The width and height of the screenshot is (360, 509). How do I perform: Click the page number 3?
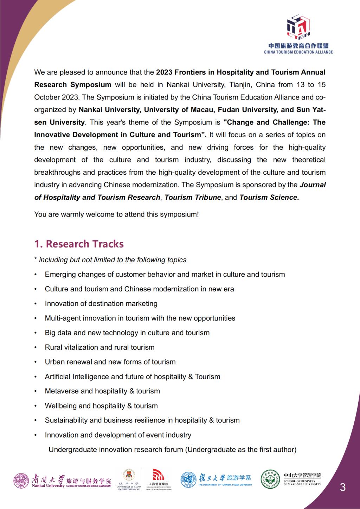(342, 487)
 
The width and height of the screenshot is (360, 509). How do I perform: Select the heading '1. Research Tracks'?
(79, 244)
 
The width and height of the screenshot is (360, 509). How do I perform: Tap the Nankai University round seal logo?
(21, 481)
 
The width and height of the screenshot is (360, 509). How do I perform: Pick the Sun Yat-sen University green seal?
(270, 479)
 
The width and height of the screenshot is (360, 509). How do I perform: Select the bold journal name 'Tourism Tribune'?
(193, 197)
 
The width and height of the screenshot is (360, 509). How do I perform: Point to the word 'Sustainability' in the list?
(66, 420)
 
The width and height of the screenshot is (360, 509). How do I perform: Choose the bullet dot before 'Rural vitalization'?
(36, 347)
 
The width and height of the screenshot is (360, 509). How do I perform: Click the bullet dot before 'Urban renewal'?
(36, 362)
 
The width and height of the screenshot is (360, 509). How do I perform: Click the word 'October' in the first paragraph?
(45, 97)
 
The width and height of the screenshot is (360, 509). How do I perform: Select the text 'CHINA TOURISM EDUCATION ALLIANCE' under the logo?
(298, 52)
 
